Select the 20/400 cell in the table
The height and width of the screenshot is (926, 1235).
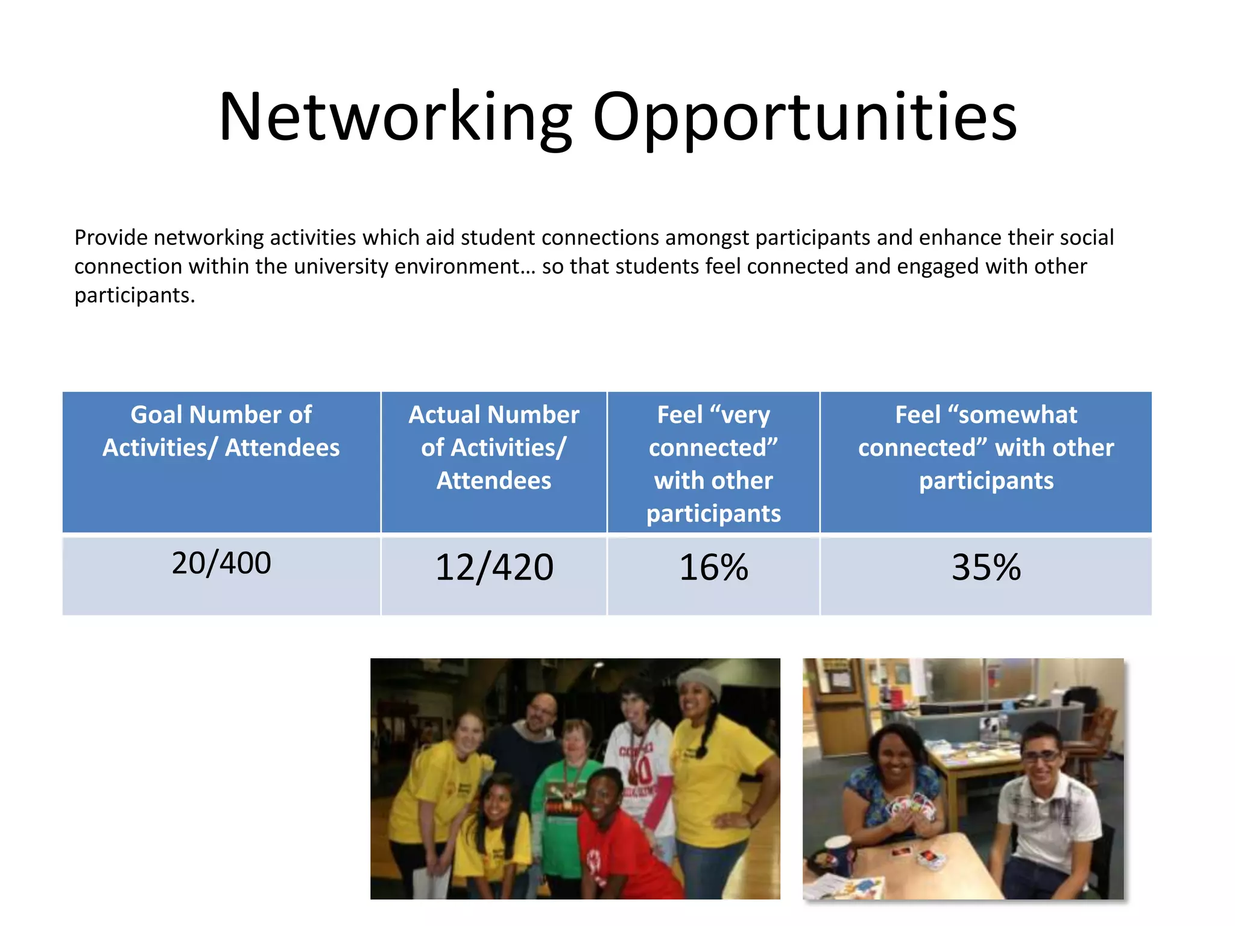click(221, 563)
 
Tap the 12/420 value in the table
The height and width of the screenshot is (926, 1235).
click(494, 567)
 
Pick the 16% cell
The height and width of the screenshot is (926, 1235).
click(713, 567)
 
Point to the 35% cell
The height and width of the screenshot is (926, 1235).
click(986, 567)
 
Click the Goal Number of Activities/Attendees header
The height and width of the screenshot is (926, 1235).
click(221, 431)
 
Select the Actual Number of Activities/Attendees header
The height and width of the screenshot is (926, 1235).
click(494, 447)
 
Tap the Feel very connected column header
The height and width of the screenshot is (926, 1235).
click(713, 463)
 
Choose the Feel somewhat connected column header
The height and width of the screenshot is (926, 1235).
click(986, 447)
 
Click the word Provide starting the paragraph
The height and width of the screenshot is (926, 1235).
click(111, 238)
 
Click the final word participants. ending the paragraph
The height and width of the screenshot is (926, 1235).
click(134, 295)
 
